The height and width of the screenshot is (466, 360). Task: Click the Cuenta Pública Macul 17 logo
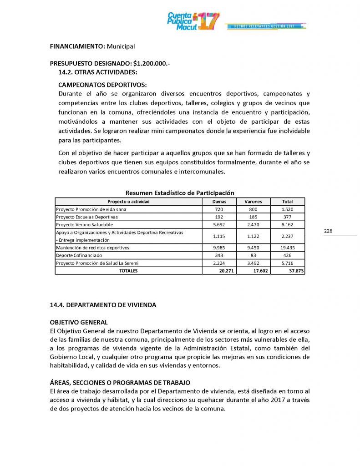coord(193,21)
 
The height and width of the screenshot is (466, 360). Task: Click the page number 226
coord(328,231)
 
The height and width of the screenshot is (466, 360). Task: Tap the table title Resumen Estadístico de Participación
coord(180,193)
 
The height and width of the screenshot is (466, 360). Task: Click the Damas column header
coord(219,201)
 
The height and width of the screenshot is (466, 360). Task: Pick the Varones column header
coord(253,201)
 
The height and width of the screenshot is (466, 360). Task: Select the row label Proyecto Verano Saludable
coord(84,224)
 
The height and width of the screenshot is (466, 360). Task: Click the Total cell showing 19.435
coord(287,247)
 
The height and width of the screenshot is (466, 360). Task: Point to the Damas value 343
coord(219,255)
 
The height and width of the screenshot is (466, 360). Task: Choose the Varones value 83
coord(253,255)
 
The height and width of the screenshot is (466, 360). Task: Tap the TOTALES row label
coord(128,270)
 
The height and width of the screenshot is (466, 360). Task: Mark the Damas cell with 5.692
coord(219,224)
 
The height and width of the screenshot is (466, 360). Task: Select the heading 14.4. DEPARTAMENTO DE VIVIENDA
coord(103,305)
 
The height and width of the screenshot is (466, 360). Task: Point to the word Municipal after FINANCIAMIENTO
coord(121,46)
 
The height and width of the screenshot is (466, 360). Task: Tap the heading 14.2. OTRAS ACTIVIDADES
coord(98,72)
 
